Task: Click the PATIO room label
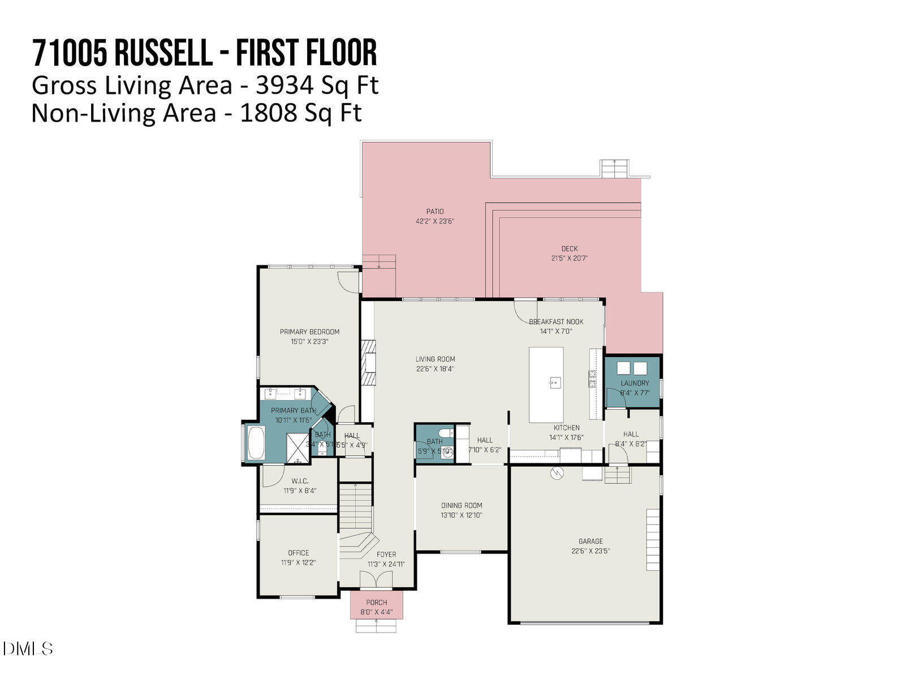(435, 212)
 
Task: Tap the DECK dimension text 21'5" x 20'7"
(570, 258)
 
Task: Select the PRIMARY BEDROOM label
(309, 332)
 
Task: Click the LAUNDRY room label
(635, 383)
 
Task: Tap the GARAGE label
(591, 541)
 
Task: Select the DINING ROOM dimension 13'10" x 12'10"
(462, 515)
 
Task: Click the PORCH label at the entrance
(377, 603)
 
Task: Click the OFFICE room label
(299, 553)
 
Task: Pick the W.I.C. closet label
(300, 481)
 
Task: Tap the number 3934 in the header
(277, 86)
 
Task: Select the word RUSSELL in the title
(163, 53)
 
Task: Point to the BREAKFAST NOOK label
(556, 321)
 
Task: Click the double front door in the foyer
(377, 580)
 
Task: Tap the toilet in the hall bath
(447, 433)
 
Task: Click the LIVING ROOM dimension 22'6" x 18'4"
(435, 369)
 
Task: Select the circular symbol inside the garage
(557, 473)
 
